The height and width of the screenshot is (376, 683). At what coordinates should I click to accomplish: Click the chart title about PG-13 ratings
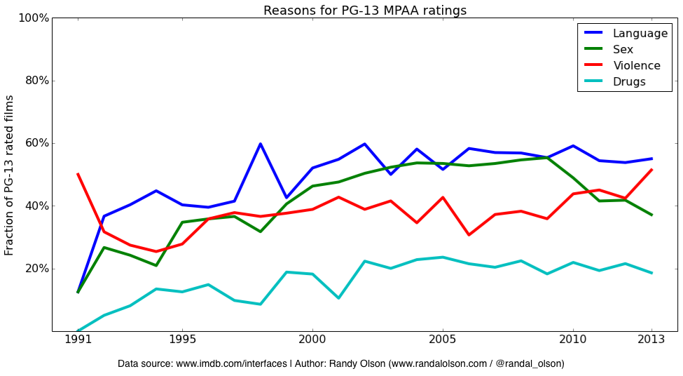(365, 10)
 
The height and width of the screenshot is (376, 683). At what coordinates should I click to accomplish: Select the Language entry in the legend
(640, 33)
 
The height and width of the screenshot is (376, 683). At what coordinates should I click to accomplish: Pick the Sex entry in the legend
(623, 49)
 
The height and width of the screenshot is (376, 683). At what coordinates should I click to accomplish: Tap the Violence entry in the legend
(636, 65)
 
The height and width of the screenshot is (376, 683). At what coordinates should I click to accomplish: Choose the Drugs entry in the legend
(629, 81)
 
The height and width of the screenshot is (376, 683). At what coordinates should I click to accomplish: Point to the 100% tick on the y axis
(33, 18)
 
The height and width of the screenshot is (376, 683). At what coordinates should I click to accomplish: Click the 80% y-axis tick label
(36, 80)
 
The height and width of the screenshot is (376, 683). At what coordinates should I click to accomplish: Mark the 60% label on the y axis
(36, 143)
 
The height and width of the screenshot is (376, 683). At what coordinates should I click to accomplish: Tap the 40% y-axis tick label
(36, 206)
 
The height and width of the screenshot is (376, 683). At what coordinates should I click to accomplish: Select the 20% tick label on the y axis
(36, 269)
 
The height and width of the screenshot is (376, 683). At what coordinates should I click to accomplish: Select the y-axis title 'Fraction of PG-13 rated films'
(10, 175)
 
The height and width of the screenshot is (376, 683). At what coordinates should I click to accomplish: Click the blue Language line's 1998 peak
(261, 144)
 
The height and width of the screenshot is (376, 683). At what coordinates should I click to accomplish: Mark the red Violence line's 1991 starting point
(78, 174)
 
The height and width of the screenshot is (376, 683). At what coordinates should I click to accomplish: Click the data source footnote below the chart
(340, 364)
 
